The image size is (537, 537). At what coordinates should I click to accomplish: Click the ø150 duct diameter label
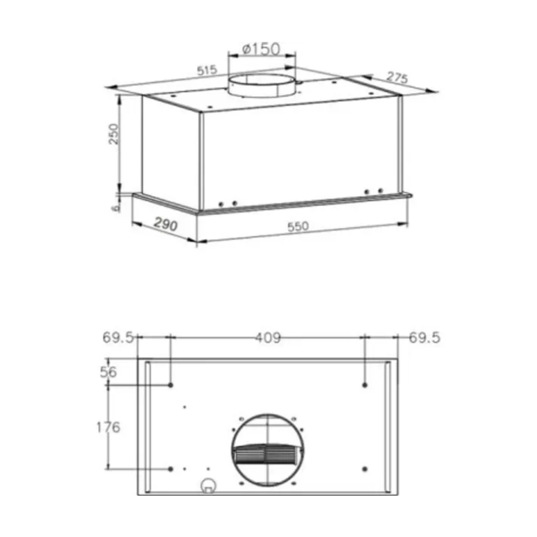[262, 49]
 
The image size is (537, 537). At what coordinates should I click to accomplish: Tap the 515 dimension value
[207, 70]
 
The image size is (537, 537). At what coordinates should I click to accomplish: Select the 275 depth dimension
[397, 78]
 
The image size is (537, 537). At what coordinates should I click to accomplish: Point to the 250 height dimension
[113, 134]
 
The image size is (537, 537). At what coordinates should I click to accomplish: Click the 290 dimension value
[166, 224]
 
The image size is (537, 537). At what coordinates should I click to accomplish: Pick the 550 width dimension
[298, 227]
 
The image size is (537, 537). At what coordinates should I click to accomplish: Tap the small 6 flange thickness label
[116, 207]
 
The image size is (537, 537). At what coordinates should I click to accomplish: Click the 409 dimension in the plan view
[268, 338]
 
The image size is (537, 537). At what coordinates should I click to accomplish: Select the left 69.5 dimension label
[118, 338]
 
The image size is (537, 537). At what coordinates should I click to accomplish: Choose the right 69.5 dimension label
[424, 338]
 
